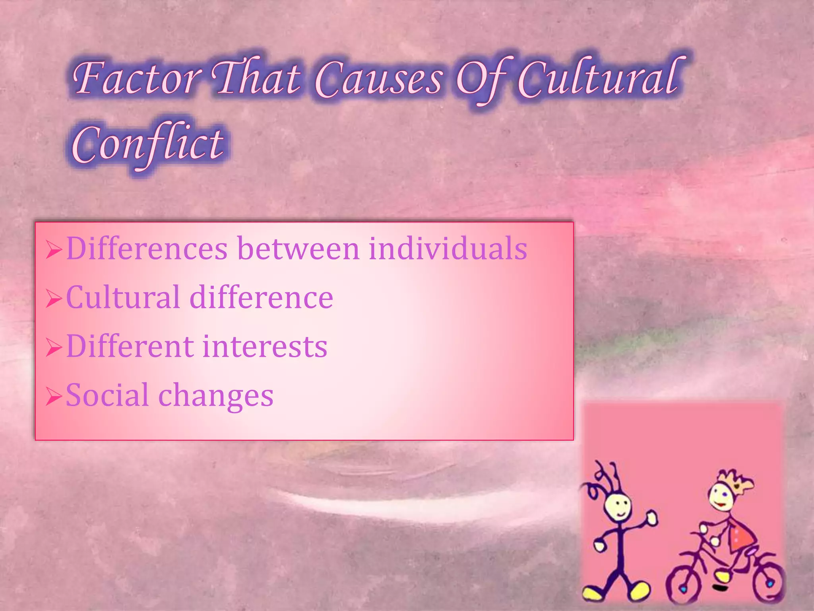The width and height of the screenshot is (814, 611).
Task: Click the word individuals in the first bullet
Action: point(448,249)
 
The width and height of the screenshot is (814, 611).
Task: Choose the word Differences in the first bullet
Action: point(147,249)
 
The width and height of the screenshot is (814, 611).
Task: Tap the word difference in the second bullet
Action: point(261,298)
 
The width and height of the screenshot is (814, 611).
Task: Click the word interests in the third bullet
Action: point(265,346)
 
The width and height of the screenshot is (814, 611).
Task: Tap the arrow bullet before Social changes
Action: point(54,397)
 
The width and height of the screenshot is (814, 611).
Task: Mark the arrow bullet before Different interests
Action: point(54,348)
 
